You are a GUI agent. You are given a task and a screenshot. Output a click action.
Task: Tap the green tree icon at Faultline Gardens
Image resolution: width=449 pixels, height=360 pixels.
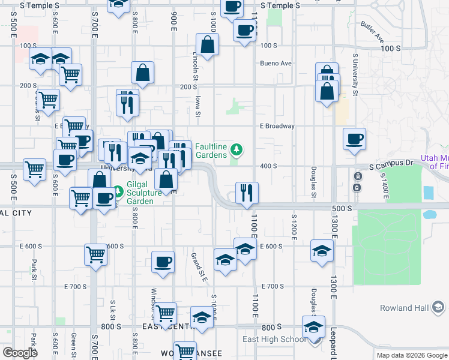coord(237,148)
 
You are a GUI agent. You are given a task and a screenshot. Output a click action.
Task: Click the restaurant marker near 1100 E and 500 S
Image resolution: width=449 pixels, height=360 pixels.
coord(247,193)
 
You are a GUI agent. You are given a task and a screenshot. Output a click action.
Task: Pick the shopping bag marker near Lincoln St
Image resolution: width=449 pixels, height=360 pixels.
coord(207,44)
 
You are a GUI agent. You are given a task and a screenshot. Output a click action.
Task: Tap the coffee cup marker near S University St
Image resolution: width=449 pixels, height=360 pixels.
coord(354,139)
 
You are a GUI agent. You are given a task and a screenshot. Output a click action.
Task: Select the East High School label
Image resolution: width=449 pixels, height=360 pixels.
coord(274,339)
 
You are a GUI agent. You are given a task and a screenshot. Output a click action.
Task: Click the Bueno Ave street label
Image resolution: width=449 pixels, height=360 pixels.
coord(276,63)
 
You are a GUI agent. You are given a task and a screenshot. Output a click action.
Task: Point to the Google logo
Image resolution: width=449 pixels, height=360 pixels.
coord(20,352)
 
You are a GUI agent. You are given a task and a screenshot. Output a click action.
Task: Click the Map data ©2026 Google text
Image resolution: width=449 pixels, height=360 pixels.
coord(411,355)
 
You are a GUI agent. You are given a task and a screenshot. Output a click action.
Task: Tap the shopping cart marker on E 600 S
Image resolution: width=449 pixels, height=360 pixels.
coord(95,254)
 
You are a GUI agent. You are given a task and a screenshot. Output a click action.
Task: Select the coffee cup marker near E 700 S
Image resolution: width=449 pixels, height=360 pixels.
coord(163,262)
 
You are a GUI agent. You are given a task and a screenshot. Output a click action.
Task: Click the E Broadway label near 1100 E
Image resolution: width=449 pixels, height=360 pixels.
coord(277,126)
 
